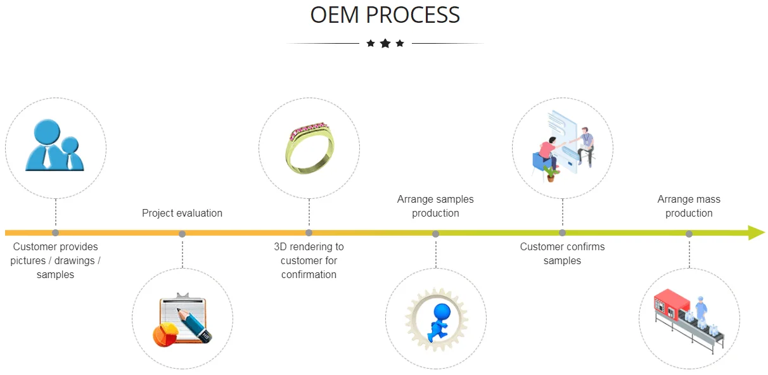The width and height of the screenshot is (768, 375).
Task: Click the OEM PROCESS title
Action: coord(385,15)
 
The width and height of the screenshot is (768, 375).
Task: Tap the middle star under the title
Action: coord(385,44)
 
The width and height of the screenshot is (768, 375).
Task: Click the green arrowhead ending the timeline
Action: coord(756,232)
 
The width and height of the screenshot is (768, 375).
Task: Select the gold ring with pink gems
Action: coord(309,147)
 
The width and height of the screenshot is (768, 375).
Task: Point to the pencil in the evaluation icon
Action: coord(193,322)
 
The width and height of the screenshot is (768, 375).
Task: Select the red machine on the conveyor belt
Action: coord(670,306)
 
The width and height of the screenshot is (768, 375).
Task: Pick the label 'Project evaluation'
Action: coord(182,213)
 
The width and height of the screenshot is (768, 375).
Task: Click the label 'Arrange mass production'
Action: coord(689,207)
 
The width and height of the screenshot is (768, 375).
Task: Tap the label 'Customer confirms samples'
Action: coord(562,253)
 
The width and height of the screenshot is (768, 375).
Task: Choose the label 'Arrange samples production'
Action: coord(435,207)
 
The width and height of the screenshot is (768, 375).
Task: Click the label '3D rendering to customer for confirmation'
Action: coord(309,260)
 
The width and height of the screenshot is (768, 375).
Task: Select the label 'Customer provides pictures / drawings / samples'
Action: coord(55,260)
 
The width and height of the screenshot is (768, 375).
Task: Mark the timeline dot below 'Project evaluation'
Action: coord(182,234)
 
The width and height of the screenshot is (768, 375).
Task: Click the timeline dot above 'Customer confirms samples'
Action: coord(562,233)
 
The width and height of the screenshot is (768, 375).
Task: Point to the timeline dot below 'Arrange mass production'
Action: coord(689,234)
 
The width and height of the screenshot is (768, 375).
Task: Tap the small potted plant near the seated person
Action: coord(550,173)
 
